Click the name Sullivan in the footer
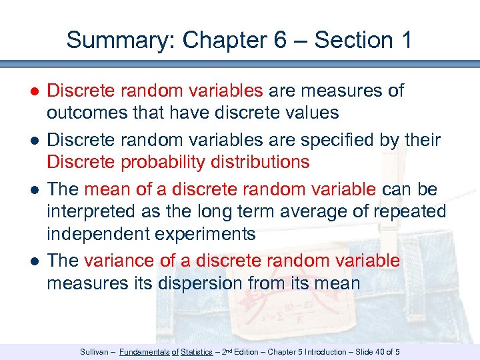pos(95,351)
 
